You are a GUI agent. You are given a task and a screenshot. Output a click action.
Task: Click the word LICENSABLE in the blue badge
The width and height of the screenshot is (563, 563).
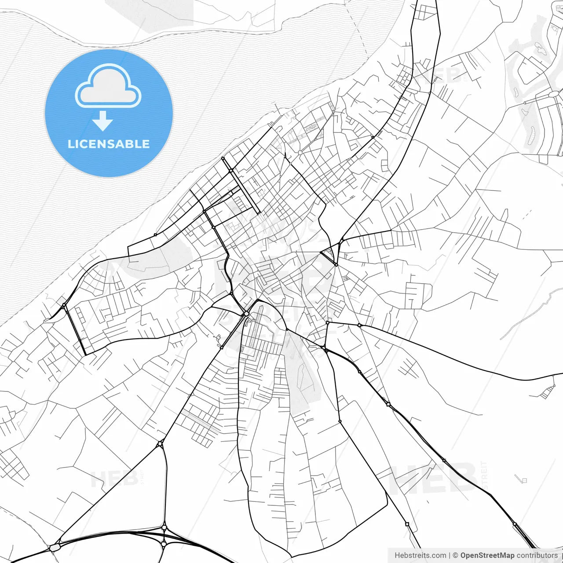tap(109, 144)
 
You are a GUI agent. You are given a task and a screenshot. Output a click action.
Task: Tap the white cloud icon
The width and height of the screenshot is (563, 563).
tap(108, 87)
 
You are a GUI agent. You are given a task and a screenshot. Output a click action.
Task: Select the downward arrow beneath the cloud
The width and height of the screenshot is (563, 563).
tap(102, 121)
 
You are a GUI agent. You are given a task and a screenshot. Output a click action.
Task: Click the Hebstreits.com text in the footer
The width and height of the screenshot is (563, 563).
tap(420, 556)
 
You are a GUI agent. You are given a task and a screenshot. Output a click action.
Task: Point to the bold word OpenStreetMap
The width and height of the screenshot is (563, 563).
tap(487, 556)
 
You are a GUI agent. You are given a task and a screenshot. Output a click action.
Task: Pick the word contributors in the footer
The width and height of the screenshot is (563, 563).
tap(537, 556)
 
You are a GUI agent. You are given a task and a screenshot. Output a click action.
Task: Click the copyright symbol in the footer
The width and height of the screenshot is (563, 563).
tap(455, 556)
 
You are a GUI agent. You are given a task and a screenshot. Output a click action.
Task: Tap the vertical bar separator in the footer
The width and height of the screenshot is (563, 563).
tap(449, 556)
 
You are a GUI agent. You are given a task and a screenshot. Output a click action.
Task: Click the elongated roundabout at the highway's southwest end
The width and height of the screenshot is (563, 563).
tap(55, 548)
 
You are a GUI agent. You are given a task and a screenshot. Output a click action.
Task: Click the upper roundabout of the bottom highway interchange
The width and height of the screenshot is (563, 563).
tap(164, 527)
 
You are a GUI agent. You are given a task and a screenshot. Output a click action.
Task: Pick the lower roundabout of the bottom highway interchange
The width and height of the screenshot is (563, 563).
tap(164, 544)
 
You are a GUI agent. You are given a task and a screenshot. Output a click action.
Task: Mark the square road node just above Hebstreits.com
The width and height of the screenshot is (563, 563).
tap(407, 524)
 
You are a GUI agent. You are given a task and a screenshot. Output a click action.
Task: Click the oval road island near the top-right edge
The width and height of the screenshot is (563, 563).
tap(553, 94)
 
